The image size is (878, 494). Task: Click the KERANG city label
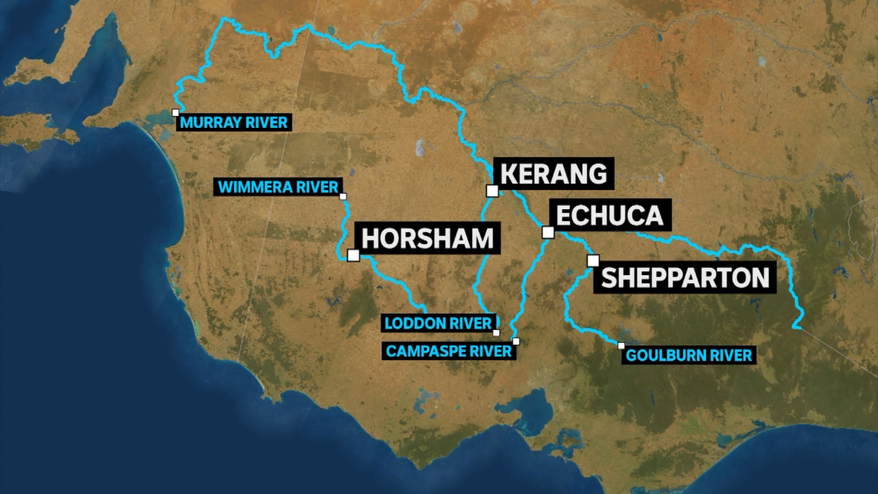click(554, 174)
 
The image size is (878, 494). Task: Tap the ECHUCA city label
click(610, 215)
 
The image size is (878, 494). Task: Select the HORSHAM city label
click(428, 238)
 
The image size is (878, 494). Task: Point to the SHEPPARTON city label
click(685, 278)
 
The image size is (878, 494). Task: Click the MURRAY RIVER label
click(234, 123)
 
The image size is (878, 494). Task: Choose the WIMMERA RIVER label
click(278, 187)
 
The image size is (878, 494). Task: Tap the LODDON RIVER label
click(438, 323)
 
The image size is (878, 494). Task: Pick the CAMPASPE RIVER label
click(449, 351)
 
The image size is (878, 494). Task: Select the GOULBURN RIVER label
click(689, 355)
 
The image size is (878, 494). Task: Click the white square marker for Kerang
click(492, 191)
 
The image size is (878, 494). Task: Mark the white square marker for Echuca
click(548, 232)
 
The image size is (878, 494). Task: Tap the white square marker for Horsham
click(353, 255)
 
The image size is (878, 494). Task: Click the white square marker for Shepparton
click(593, 261)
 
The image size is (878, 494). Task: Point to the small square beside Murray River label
click(176, 113)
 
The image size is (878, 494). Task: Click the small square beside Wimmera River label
click(343, 197)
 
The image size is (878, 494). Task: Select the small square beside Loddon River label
click(497, 333)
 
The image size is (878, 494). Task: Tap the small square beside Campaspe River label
click(516, 341)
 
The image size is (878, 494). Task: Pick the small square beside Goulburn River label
click(621, 346)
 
